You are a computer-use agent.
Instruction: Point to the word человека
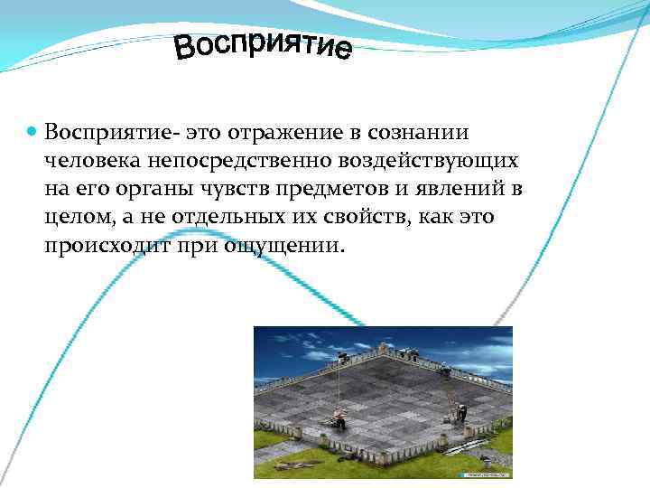pos(85,161)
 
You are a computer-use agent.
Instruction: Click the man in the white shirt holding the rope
pos(339,417)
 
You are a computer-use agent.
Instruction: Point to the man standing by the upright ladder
pos(461,411)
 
